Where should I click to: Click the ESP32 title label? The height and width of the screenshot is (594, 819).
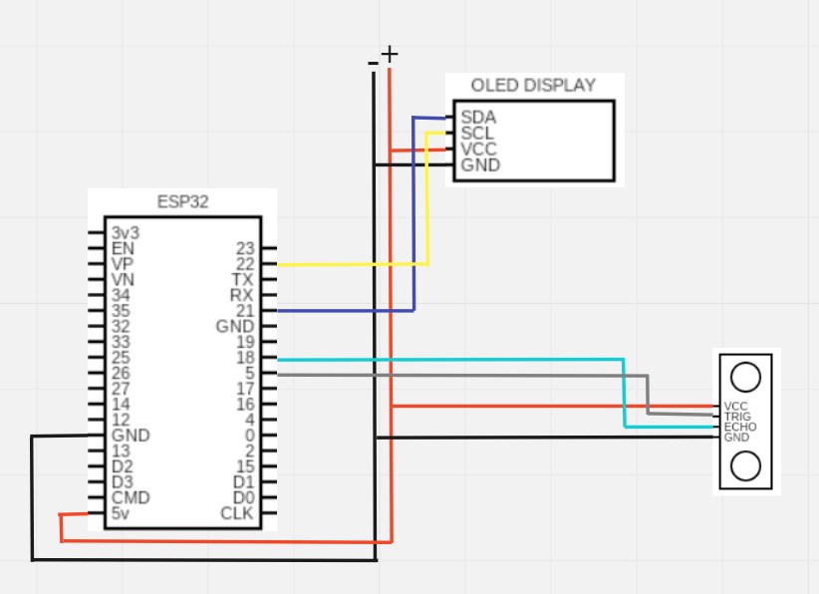[182, 202]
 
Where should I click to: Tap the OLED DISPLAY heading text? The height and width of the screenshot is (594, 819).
[533, 86]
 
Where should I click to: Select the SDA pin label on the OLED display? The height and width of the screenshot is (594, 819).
[478, 117]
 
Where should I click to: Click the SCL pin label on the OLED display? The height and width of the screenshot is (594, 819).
[477, 133]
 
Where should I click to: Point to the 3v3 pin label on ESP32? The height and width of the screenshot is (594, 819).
[125, 232]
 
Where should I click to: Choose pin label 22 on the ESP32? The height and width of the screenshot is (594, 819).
[244, 264]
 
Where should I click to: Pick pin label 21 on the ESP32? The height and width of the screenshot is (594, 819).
[244, 311]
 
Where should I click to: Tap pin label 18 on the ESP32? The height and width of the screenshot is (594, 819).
[244, 358]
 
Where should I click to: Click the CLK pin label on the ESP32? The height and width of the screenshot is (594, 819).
[237, 514]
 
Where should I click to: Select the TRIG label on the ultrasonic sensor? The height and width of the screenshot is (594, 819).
[737, 417]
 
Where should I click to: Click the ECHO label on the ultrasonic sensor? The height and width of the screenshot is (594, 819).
[739, 427]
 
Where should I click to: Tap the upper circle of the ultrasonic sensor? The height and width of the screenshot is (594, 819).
[745, 376]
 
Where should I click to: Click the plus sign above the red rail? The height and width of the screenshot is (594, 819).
[389, 53]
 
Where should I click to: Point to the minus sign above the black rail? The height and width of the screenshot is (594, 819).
[373, 63]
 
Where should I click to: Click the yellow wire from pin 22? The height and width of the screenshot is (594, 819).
[349, 264]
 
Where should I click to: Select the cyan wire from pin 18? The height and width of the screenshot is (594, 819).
[448, 359]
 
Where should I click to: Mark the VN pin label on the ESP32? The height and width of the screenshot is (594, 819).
[123, 280]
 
